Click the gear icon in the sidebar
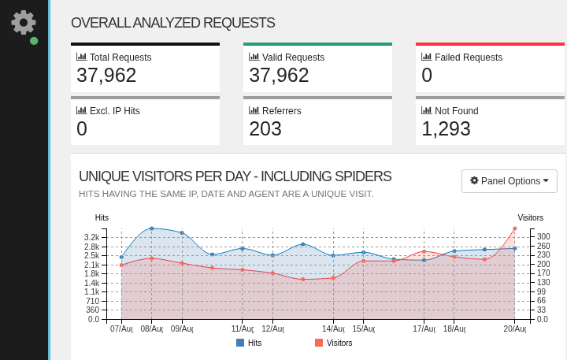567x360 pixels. pyautogui.click(x=24, y=22)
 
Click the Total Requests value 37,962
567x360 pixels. pyautogui.click(x=106, y=76)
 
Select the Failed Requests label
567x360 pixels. pyautogui.click(x=468, y=57)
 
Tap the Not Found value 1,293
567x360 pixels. pyautogui.click(x=446, y=128)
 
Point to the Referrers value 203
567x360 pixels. pyautogui.click(x=265, y=128)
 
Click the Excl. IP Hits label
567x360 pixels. pyautogui.click(x=114, y=110)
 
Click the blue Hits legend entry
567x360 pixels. pyautogui.click(x=249, y=343)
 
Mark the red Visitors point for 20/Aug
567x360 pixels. pyautogui.click(x=514, y=228)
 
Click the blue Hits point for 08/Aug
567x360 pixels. pyautogui.click(x=151, y=228)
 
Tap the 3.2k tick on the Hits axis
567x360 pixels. pyautogui.click(x=92, y=237)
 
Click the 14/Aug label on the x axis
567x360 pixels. pyautogui.click(x=333, y=328)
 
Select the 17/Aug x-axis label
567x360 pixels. pyautogui.click(x=424, y=328)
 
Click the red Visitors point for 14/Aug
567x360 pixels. pyautogui.click(x=333, y=278)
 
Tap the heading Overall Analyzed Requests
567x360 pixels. pyautogui.click(x=172, y=23)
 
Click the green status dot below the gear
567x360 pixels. pyautogui.click(x=34, y=40)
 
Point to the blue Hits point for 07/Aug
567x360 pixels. pyautogui.click(x=121, y=257)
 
